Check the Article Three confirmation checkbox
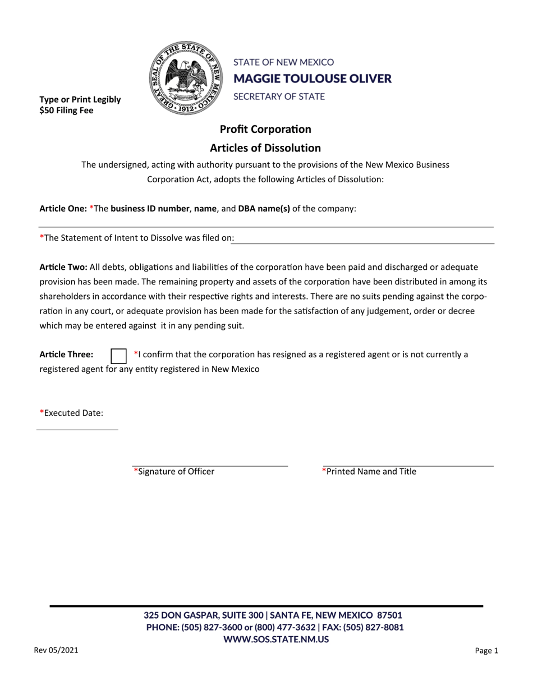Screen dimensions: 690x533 118,356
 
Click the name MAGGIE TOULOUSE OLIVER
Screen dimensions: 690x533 313,79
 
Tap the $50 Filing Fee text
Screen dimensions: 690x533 66,111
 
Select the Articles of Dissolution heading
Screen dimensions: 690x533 265,148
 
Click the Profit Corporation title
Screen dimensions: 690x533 265,129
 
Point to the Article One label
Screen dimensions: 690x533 62,208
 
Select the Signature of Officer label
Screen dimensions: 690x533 174,472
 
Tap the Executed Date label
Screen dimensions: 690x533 71,413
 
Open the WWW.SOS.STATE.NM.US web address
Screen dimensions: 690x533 275,639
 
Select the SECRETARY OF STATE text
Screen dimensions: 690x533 279,96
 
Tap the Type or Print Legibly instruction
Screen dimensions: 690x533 80,100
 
